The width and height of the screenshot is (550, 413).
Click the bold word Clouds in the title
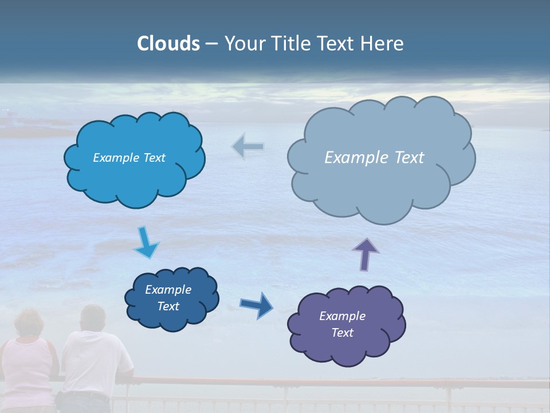[x=168, y=44]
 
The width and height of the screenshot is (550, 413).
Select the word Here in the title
[x=383, y=44]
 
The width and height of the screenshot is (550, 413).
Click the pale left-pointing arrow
[x=247, y=147]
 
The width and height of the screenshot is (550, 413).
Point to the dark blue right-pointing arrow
[x=257, y=305]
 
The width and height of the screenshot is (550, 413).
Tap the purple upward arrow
[x=365, y=254]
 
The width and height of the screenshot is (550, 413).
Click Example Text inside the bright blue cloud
[x=129, y=158]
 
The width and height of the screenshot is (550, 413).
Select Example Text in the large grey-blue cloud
[x=374, y=158]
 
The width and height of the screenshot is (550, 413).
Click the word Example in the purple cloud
[x=342, y=316]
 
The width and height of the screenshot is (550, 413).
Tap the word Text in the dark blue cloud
[x=168, y=306]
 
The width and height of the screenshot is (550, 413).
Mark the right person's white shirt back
[x=95, y=361]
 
